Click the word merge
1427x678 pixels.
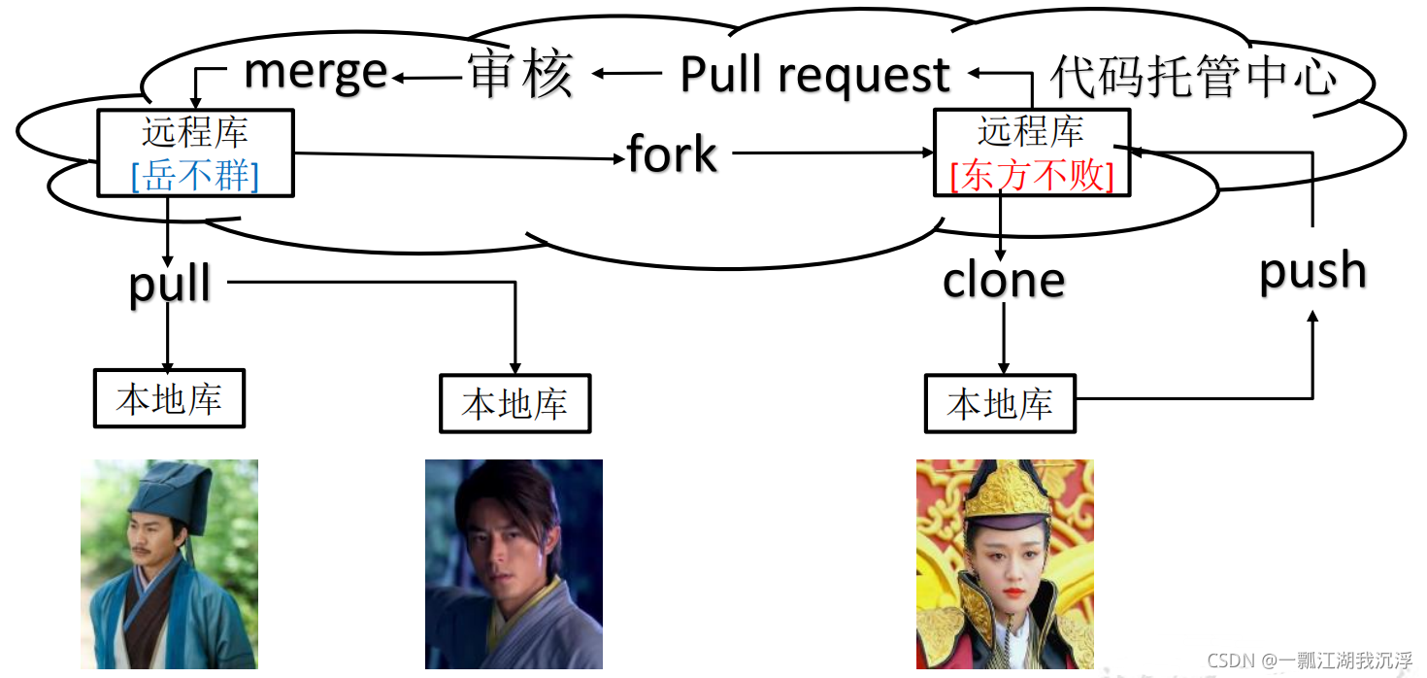[315, 73]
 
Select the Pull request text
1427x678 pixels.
[814, 75]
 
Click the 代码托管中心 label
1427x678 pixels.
[1193, 77]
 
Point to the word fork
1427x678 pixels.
[672, 154]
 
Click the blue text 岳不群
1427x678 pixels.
[195, 176]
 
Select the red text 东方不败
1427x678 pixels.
[1031, 176]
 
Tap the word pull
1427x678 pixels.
[170, 284]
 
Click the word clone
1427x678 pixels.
[1004, 280]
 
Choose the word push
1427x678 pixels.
[1312, 271]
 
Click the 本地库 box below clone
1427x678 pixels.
[1000, 403]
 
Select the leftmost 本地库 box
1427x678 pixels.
[169, 398]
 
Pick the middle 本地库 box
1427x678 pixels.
[514, 403]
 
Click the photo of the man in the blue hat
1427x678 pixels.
[169, 564]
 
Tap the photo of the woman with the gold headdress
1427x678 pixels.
[1005, 564]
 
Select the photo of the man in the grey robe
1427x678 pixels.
[514, 564]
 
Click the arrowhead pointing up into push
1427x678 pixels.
[1313, 319]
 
